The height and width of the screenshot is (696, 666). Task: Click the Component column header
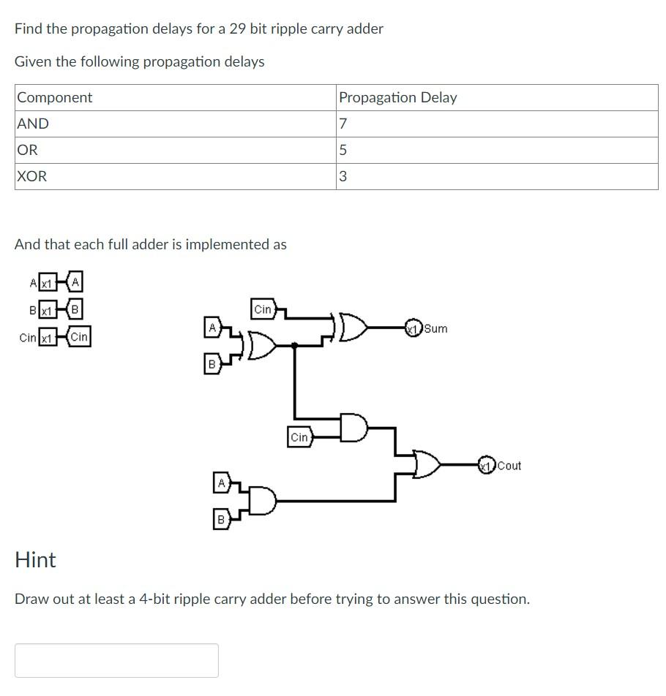55,98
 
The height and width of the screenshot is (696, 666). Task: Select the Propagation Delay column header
397,98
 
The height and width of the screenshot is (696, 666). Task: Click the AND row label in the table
33,124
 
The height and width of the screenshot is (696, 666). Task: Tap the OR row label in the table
27,151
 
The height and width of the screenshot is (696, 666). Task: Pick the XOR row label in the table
31,177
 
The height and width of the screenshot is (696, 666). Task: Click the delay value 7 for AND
343,124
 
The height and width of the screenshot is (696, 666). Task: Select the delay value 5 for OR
343,151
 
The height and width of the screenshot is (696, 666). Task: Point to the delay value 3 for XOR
343,177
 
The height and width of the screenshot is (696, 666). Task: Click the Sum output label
435,328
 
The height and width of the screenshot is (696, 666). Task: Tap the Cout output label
509,466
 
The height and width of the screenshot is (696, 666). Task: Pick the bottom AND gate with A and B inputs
264,501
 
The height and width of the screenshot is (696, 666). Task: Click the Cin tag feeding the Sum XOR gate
263,310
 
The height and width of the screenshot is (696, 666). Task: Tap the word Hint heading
35,560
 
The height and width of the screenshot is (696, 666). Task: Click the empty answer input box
116,660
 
